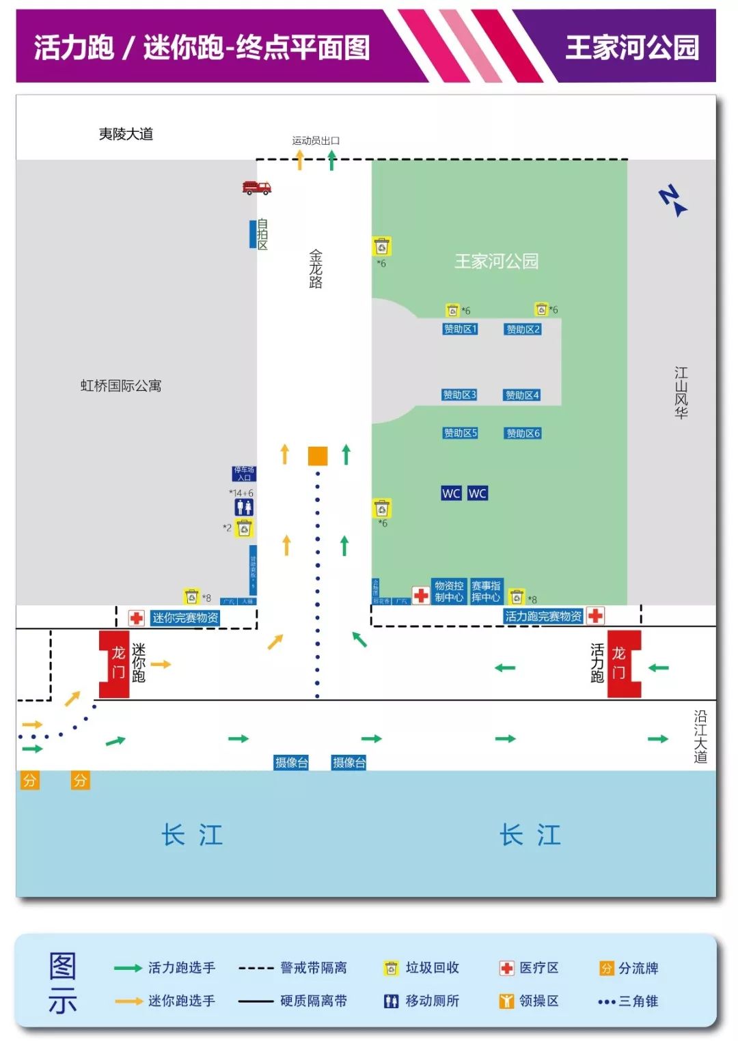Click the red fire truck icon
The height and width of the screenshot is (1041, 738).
click(x=256, y=187)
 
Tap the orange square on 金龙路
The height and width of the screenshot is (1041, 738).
click(x=318, y=456)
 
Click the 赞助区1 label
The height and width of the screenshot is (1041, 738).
click(x=461, y=329)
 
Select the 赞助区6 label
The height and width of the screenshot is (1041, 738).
click(x=523, y=433)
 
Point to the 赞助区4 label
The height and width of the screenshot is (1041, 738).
click(x=522, y=395)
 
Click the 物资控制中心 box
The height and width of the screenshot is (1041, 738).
click(x=449, y=592)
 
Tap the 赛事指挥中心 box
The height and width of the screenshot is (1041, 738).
click(x=486, y=592)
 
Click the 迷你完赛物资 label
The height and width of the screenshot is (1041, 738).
click(x=185, y=618)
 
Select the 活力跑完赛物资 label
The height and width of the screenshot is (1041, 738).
click(x=543, y=616)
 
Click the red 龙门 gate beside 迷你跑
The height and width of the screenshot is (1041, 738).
click(x=115, y=664)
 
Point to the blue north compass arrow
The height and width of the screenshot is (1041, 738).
click(x=673, y=201)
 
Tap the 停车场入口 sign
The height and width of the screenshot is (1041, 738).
click(x=244, y=473)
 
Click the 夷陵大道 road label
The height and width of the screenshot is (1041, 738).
click(x=126, y=134)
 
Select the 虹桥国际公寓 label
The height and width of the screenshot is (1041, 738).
click(x=121, y=386)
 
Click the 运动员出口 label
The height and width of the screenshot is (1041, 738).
click(x=316, y=141)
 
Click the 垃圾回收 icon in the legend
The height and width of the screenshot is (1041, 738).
click(x=391, y=968)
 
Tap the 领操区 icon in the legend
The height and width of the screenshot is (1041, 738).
click(x=506, y=1001)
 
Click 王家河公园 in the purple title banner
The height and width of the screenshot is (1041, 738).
click(x=632, y=48)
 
